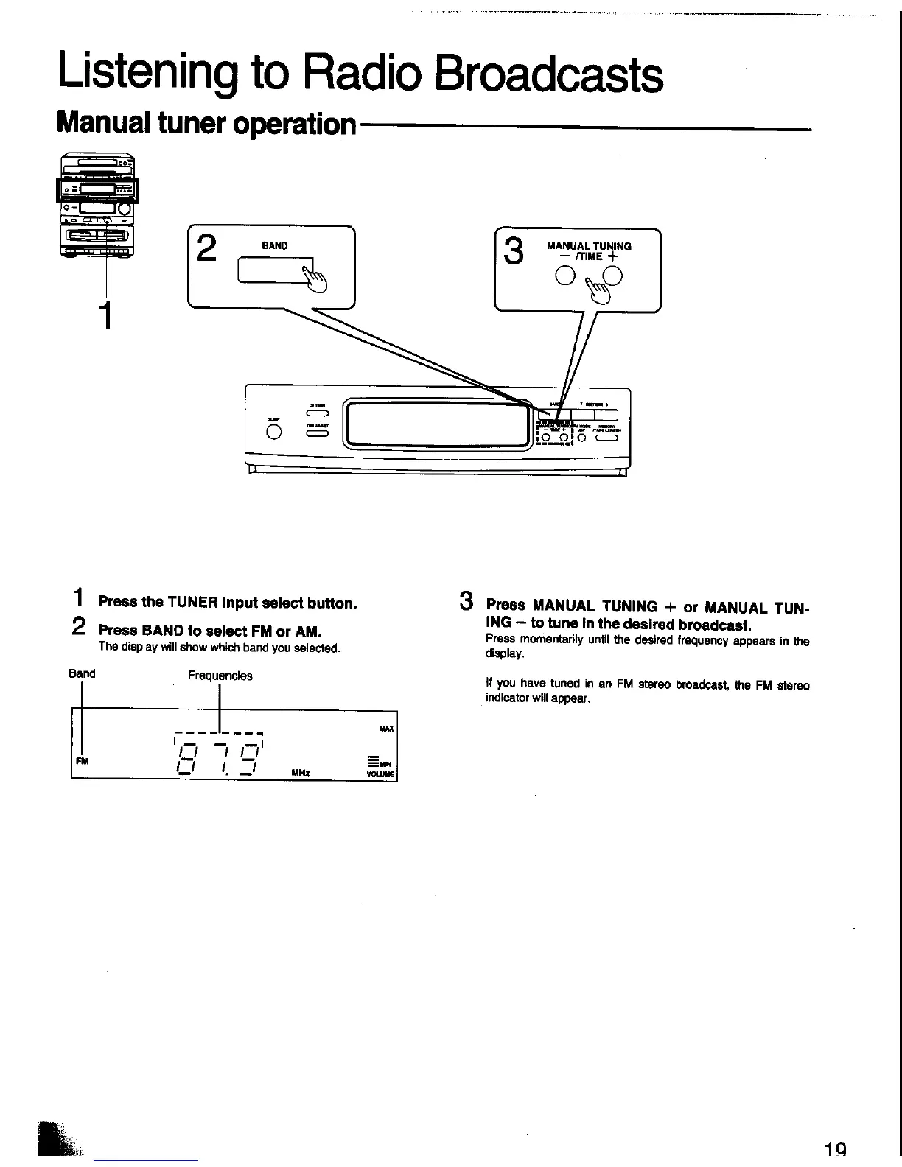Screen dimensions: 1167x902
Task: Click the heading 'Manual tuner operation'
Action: [206, 123]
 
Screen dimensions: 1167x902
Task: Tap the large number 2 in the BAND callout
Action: [207, 249]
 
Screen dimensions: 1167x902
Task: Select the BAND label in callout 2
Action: [274, 245]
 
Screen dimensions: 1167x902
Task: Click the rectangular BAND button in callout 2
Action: [274, 271]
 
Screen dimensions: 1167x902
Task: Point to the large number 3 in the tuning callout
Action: [513, 250]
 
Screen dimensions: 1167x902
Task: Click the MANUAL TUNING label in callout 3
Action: [589, 246]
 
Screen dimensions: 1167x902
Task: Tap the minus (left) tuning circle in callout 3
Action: [565, 276]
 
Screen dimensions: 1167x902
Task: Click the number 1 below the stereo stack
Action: [107, 315]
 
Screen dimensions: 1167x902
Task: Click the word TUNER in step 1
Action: [190, 603]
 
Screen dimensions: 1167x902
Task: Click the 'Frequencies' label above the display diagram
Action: [220, 676]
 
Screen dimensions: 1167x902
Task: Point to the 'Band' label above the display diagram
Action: [82, 673]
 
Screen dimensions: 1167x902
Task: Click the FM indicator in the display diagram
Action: [82, 761]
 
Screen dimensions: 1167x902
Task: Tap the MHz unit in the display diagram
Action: [300, 773]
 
